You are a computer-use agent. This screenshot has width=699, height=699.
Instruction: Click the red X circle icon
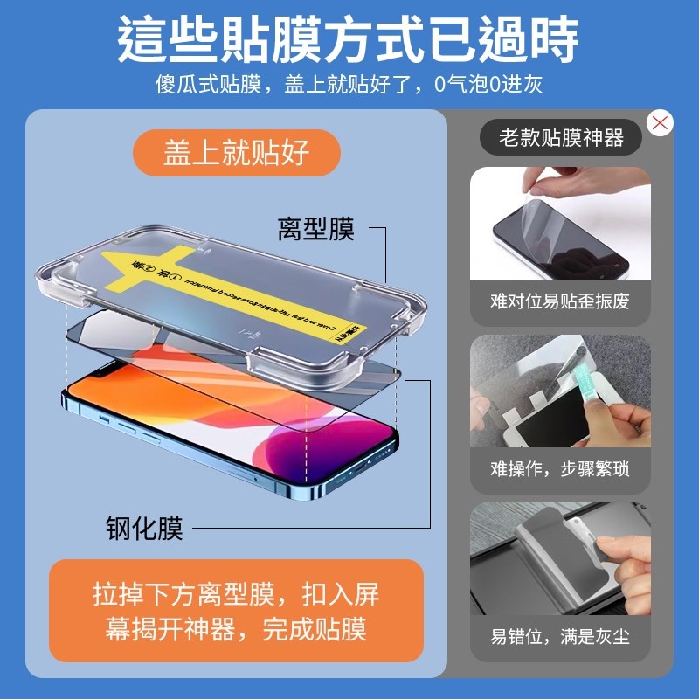click(x=660, y=123)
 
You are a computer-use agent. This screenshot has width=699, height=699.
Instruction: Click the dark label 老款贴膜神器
click(x=561, y=138)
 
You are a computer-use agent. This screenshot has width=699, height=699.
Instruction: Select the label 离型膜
click(x=315, y=230)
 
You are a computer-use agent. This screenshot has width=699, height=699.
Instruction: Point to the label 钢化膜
click(x=144, y=528)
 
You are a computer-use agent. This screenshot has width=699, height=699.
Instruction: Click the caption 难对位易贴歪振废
click(x=560, y=301)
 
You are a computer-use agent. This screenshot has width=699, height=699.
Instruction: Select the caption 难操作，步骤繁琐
click(x=560, y=469)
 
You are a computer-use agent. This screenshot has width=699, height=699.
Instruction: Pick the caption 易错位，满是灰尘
click(x=560, y=637)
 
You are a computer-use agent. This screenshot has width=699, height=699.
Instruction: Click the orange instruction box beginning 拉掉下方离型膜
click(x=236, y=611)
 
